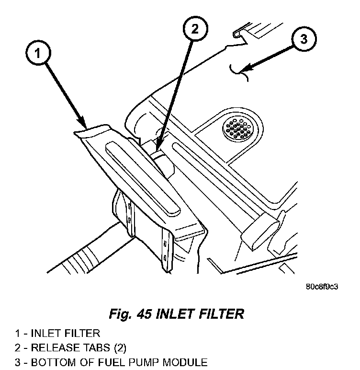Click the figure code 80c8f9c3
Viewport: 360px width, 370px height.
point(322,288)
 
